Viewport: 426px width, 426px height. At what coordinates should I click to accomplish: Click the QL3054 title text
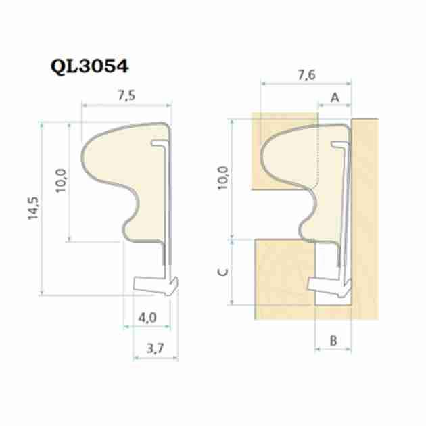point(89,66)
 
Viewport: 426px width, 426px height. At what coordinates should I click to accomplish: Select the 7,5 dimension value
point(126,95)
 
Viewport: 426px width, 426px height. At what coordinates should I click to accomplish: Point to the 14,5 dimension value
point(33,208)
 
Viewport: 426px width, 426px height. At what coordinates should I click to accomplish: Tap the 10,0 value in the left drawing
point(61,181)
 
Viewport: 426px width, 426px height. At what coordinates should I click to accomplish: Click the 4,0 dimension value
point(147,317)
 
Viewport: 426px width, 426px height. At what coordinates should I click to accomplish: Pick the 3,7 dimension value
point(155,348)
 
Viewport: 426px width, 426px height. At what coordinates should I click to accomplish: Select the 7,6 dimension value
point(306,75)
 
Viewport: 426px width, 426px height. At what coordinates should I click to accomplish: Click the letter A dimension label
point(335,97)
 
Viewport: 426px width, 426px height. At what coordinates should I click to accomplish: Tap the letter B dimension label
point(333,340)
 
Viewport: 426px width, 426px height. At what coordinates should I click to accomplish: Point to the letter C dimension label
point(223,272)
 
